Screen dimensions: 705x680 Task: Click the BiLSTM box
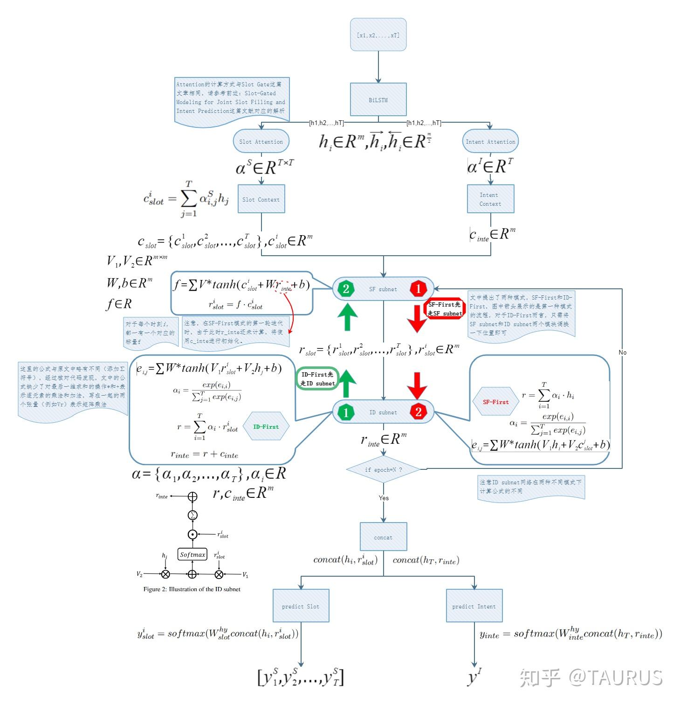[378, 99]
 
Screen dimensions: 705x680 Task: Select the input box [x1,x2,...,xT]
[378, 35]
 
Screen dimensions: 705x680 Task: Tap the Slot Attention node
[261, 141]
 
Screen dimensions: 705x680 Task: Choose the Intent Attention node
[490, 141]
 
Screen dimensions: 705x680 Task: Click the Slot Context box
[261, 199]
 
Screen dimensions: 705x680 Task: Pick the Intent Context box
[490, 199]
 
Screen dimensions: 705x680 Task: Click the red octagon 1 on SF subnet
[418, 289]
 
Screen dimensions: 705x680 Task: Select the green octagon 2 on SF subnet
[346, 289]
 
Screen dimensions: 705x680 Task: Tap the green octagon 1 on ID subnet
[346, 412]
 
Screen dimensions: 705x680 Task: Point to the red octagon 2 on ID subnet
[418, 412]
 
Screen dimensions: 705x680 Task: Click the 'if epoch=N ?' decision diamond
[383, 469]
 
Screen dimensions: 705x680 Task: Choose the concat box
[383, 537]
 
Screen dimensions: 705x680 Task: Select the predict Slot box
[301, 606]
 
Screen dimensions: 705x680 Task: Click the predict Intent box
[474, 606]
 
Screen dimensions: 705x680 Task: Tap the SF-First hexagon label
[495, 402]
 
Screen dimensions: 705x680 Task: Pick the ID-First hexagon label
[266, 426]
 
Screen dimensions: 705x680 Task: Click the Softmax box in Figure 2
[192, 555]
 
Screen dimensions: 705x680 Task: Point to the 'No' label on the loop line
[623, 352]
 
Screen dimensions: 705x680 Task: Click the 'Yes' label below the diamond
[384, 498]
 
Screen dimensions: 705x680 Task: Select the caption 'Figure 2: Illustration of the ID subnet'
[192, 589]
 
